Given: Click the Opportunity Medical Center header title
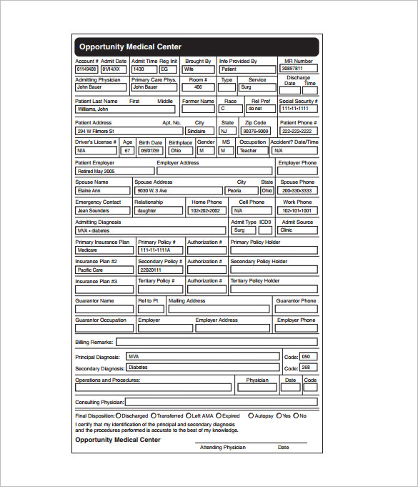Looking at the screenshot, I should tap(130, 47).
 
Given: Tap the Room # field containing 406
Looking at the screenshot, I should tap(198, 87).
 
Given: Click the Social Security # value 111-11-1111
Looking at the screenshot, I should tap(298, 109).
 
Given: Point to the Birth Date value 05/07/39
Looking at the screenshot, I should tap(150, 151).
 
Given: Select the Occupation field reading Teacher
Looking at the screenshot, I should tap(253, 151).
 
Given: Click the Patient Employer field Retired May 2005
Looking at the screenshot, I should tap(114, 172).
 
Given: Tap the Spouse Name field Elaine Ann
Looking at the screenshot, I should tap(103, 191).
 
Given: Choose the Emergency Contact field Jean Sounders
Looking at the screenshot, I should tap(103, 211).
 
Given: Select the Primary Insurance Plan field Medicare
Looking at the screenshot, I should tap(103, 250).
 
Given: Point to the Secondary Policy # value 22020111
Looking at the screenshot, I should tap(159, 270).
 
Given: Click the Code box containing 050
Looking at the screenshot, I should tap(307, 356).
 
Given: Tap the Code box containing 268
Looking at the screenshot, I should tap(307, 368).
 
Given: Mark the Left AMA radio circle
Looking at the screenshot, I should tap(188, 415).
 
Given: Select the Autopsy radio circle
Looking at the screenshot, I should tap(251, 415).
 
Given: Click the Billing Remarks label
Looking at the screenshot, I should tap(94, 343).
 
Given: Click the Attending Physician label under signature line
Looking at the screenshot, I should tap(222, 447).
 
